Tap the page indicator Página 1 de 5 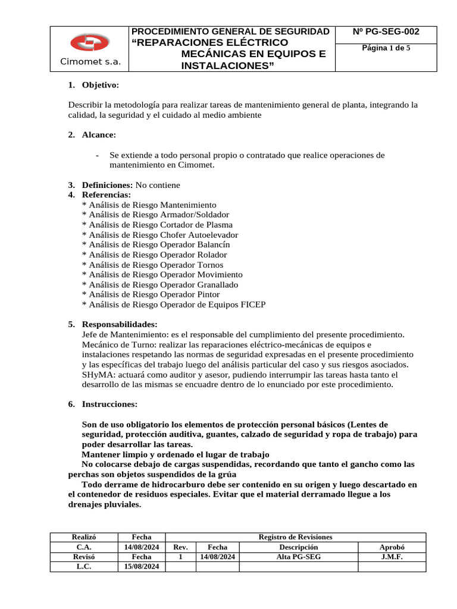tap(386, 48)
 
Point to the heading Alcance tap(99, 135)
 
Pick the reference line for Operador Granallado tap(159, 285)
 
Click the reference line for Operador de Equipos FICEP tap(173, 304)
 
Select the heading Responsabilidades tap(119, 324)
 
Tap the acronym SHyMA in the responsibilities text tap(95, 375)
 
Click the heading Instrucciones tap(109, 404)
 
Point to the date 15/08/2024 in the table tap(142, 567)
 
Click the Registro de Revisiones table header tap(295, 537)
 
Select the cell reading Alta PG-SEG tap(298, 557)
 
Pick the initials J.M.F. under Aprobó tap(392, 557)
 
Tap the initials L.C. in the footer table tap(83, 567)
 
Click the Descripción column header tap(298, 547)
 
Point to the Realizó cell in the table tap(83, 537)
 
